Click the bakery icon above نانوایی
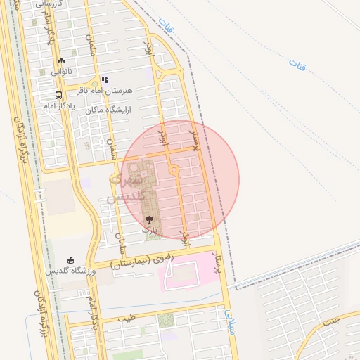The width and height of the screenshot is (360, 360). (x=61, y=61)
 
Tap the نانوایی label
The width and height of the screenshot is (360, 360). (x=61, y=71)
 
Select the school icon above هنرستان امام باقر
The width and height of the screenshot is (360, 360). (x=104, y=80)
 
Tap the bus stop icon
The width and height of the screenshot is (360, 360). (x=58, y=96)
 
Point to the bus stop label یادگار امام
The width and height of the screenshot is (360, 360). (x=58, y=105)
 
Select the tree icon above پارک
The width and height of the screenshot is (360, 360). (x=148, y=219)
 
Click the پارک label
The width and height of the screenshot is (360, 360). (x=148, y=229)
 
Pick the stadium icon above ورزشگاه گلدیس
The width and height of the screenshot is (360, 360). (x=70, y=261)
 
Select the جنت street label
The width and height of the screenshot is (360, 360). (x=330, y=323)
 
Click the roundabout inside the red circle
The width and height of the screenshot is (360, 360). (x=173, y=169)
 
